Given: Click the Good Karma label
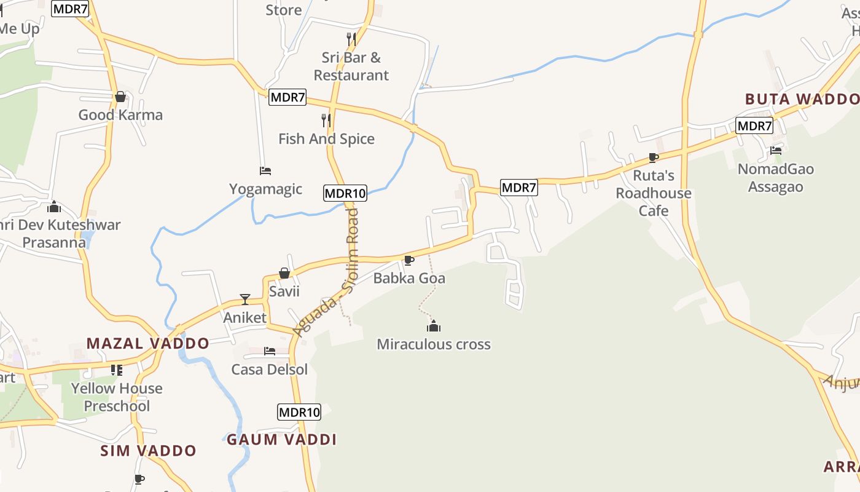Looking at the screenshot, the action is click(120, 115).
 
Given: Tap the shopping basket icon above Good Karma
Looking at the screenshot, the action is click(120, 97).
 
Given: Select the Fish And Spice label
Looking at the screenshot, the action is click(326, 139).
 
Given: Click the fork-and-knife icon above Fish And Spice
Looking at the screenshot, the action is click(326, 121).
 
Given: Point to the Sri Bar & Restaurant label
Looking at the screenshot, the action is click(351, 66).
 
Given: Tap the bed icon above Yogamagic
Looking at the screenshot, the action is click(265, 170).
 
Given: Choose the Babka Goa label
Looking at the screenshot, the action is click(409, 278).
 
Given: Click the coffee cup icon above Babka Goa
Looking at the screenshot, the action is click(409, 260).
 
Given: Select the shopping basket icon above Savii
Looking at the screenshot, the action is click(284, 273).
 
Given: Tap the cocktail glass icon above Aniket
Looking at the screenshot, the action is click(245, 300).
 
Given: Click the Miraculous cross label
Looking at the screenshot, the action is click(434, 344).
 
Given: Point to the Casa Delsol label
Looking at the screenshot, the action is click(270, 370).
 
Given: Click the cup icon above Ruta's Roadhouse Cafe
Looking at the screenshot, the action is click(654, 157).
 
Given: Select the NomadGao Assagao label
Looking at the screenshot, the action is click(776, 178).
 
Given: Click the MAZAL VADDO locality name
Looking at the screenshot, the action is click(147, 343).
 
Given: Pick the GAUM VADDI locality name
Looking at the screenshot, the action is click(282, 440).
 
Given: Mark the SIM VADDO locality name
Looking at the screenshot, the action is click(149, 451).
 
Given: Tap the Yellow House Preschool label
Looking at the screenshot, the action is click(117, 397).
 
